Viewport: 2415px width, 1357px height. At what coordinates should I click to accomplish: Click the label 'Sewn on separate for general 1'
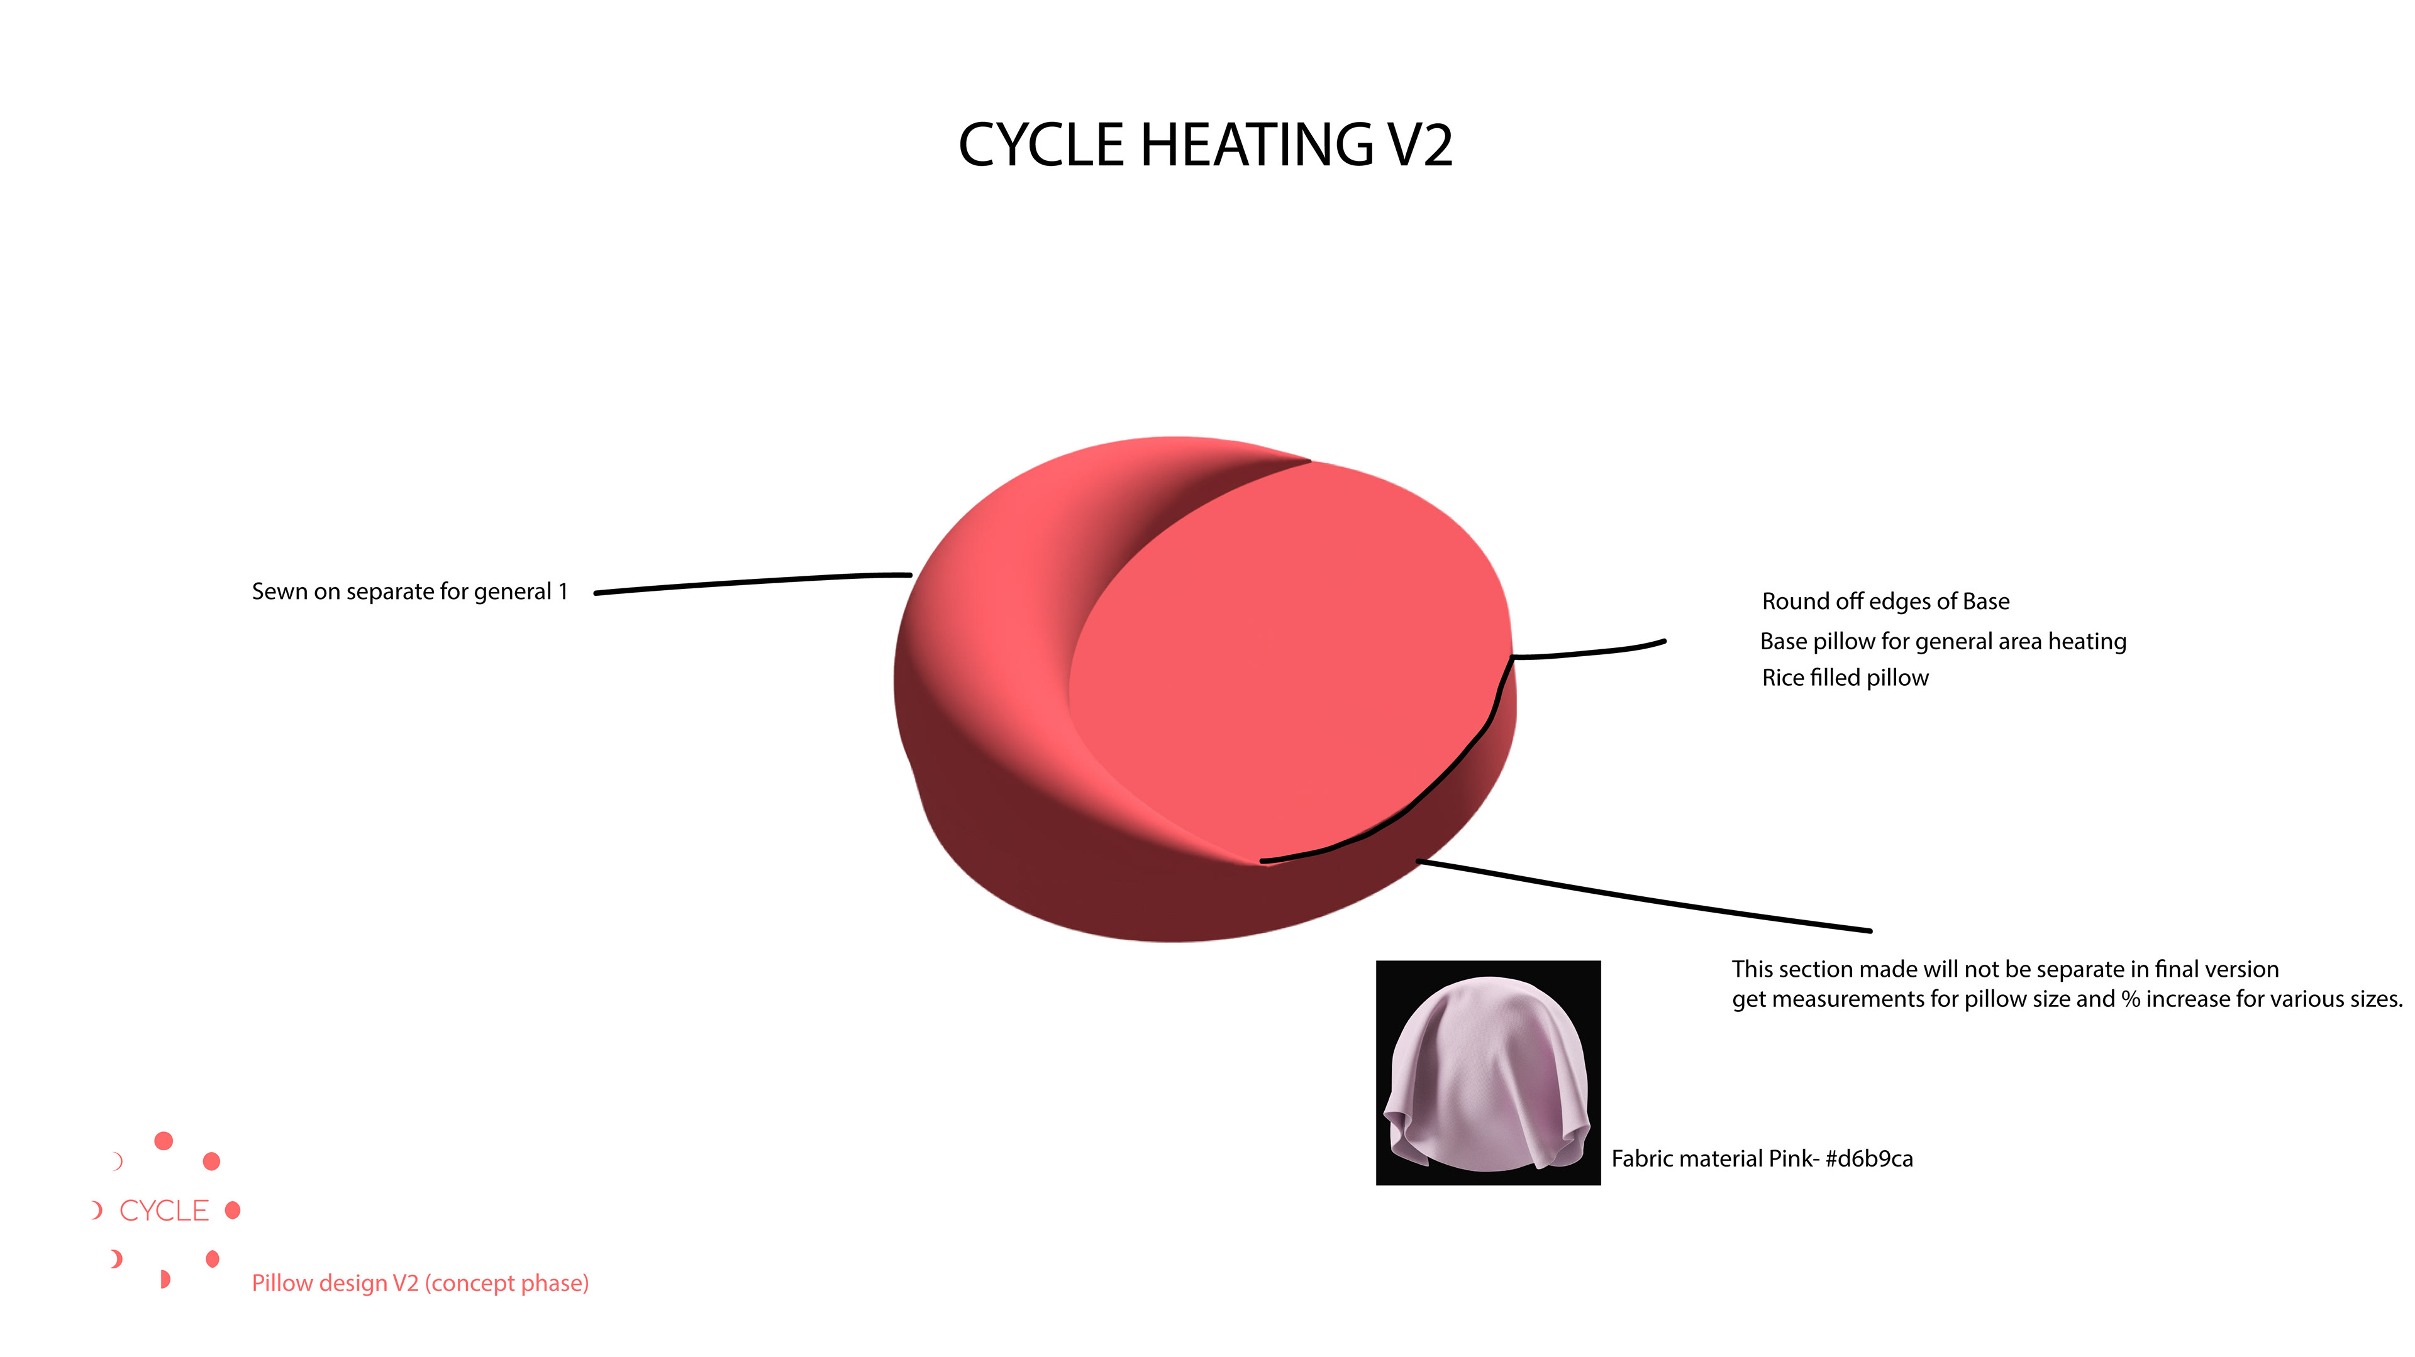[x=409, y=591]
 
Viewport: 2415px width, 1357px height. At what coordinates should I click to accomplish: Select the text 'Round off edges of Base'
[x=1885, y=601]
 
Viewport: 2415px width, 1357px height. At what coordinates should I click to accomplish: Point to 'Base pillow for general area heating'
[x=1943, y=641]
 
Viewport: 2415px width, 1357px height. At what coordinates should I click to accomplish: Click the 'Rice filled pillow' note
[x=1845, y=678]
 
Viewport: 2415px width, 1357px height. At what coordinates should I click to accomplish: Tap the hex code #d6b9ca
[x=1868, y=1158]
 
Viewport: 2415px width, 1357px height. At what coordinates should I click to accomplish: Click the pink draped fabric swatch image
[x=1488, y=1073]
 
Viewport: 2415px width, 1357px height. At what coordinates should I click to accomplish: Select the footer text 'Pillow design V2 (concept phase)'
[x=420, y=1283]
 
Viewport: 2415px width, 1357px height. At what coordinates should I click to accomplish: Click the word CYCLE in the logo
[x=164, y=1211]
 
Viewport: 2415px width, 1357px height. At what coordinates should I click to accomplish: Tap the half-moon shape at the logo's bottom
[x=165, y=1279]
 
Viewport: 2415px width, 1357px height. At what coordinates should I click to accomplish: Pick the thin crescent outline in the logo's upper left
[x=117, y=1161]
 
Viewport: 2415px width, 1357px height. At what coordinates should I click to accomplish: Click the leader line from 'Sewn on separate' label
[x=750, y=583]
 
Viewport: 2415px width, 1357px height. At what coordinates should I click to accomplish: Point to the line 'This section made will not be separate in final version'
[x=2004, y=969]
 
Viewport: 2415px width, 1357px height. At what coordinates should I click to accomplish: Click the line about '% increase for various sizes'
[x=2066, y=999]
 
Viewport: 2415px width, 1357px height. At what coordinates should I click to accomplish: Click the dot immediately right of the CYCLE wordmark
[x=233, y=1210]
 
